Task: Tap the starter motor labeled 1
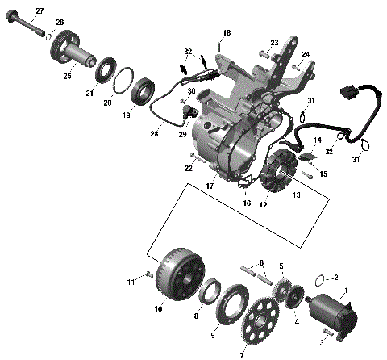[x=331, y=309]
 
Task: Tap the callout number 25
[x=67, y=76]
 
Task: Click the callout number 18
[x=227, y=31]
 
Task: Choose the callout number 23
[x=274, y=42]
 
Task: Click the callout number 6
[x=260, y=264]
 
